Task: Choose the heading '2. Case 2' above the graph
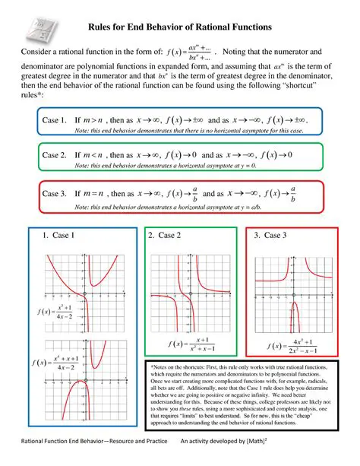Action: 165,236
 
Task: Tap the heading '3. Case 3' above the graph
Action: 272,236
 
